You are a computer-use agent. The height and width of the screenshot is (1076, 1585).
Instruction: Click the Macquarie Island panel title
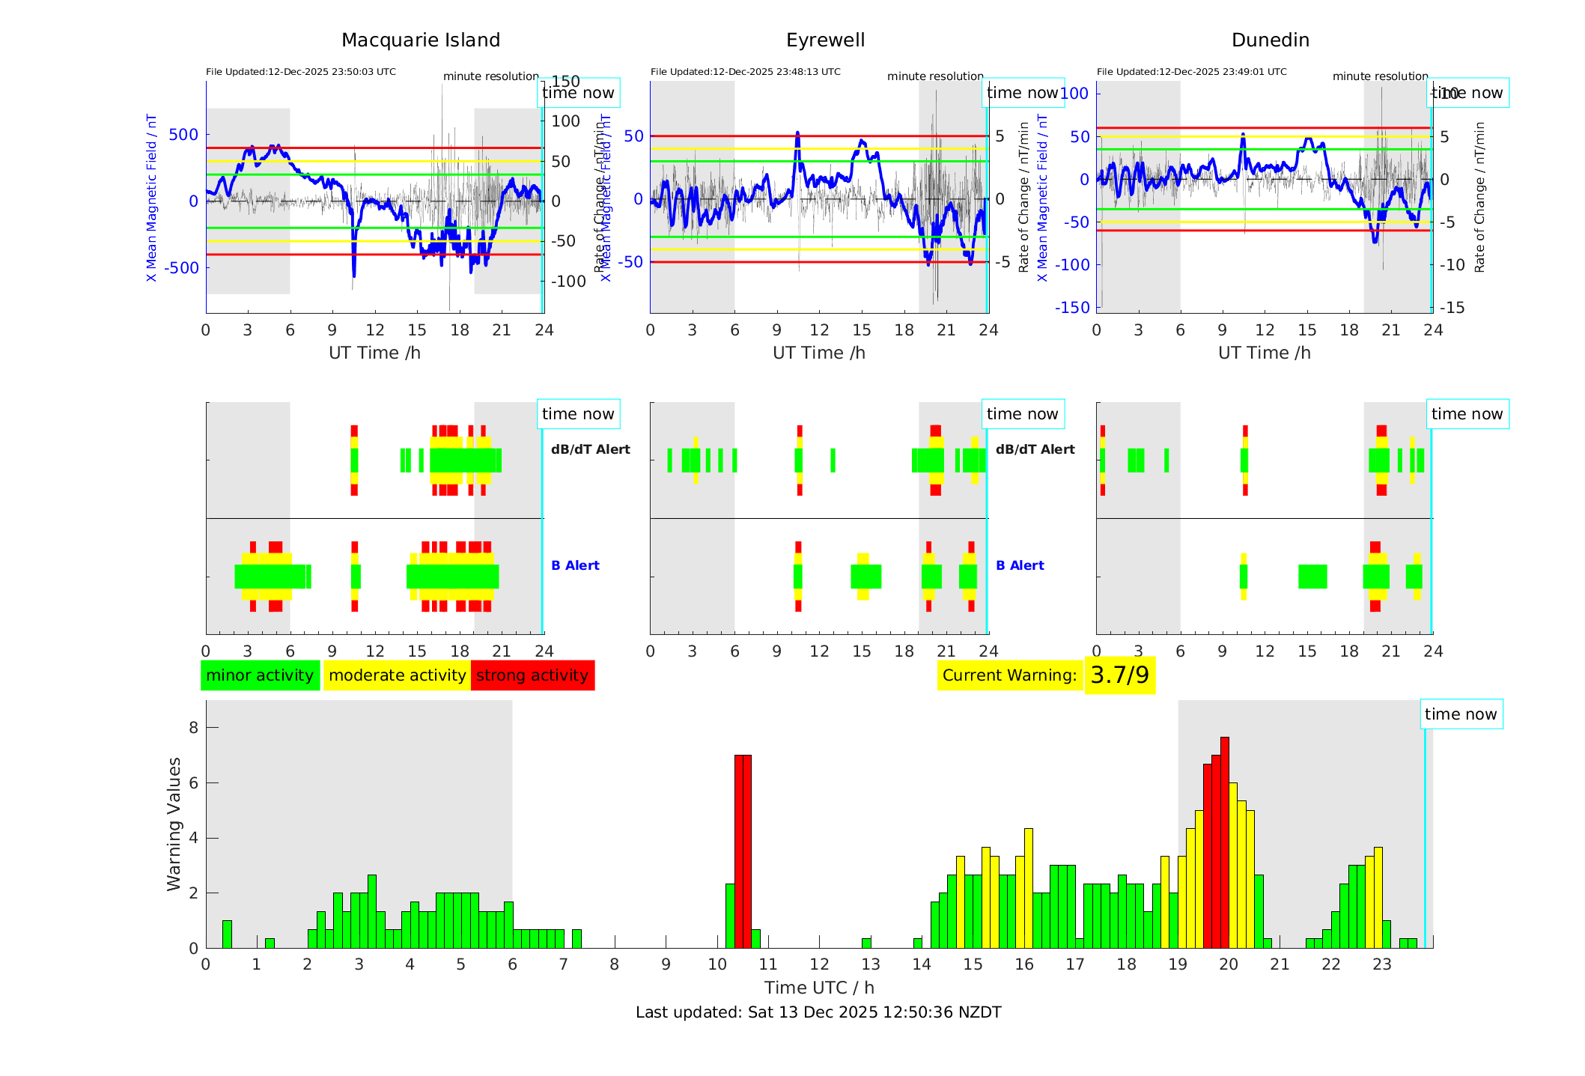[x=421, y=40]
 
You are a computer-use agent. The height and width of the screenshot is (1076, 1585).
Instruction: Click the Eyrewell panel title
[x=825, y=40]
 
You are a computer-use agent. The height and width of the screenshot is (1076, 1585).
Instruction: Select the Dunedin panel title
[x=1270, y=40]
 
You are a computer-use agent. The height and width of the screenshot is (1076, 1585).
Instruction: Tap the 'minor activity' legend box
[x=260, y=675]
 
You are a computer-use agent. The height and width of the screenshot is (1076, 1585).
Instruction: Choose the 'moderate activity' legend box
[x=397, y=675]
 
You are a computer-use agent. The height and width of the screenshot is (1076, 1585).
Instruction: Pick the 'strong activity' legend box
[x=532, y=675]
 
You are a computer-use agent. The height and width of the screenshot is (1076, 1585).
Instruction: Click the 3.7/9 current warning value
[x=1119, y=675]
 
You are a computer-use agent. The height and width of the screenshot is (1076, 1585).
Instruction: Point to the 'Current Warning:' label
[x=1009, y=675]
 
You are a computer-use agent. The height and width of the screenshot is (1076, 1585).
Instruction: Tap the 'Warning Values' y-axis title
[x=174, y=824]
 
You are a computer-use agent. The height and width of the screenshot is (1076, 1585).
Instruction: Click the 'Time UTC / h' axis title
[x=819, y=988]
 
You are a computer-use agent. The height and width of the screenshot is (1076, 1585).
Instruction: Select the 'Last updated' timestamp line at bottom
[x=818, y=1012]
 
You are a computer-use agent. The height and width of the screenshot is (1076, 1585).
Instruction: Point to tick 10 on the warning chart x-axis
[x=717, y=964]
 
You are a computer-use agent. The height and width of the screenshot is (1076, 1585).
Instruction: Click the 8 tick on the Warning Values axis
[x=194, y=728]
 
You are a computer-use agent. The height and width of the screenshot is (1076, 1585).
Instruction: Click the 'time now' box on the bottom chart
[x=1461, y=714]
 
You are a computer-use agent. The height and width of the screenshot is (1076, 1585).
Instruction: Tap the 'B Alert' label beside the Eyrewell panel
[x=1020, y=565]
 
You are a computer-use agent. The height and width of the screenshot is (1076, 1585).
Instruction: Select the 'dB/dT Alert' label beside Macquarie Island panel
[x=590, y=449]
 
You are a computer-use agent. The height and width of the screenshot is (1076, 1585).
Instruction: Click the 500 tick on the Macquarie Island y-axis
[x=183, y=135]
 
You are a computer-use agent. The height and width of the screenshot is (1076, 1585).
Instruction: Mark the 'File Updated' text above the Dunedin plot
[x=1191, y=72]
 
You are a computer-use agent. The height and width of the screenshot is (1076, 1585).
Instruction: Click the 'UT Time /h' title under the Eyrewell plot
[x=819, y=353]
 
